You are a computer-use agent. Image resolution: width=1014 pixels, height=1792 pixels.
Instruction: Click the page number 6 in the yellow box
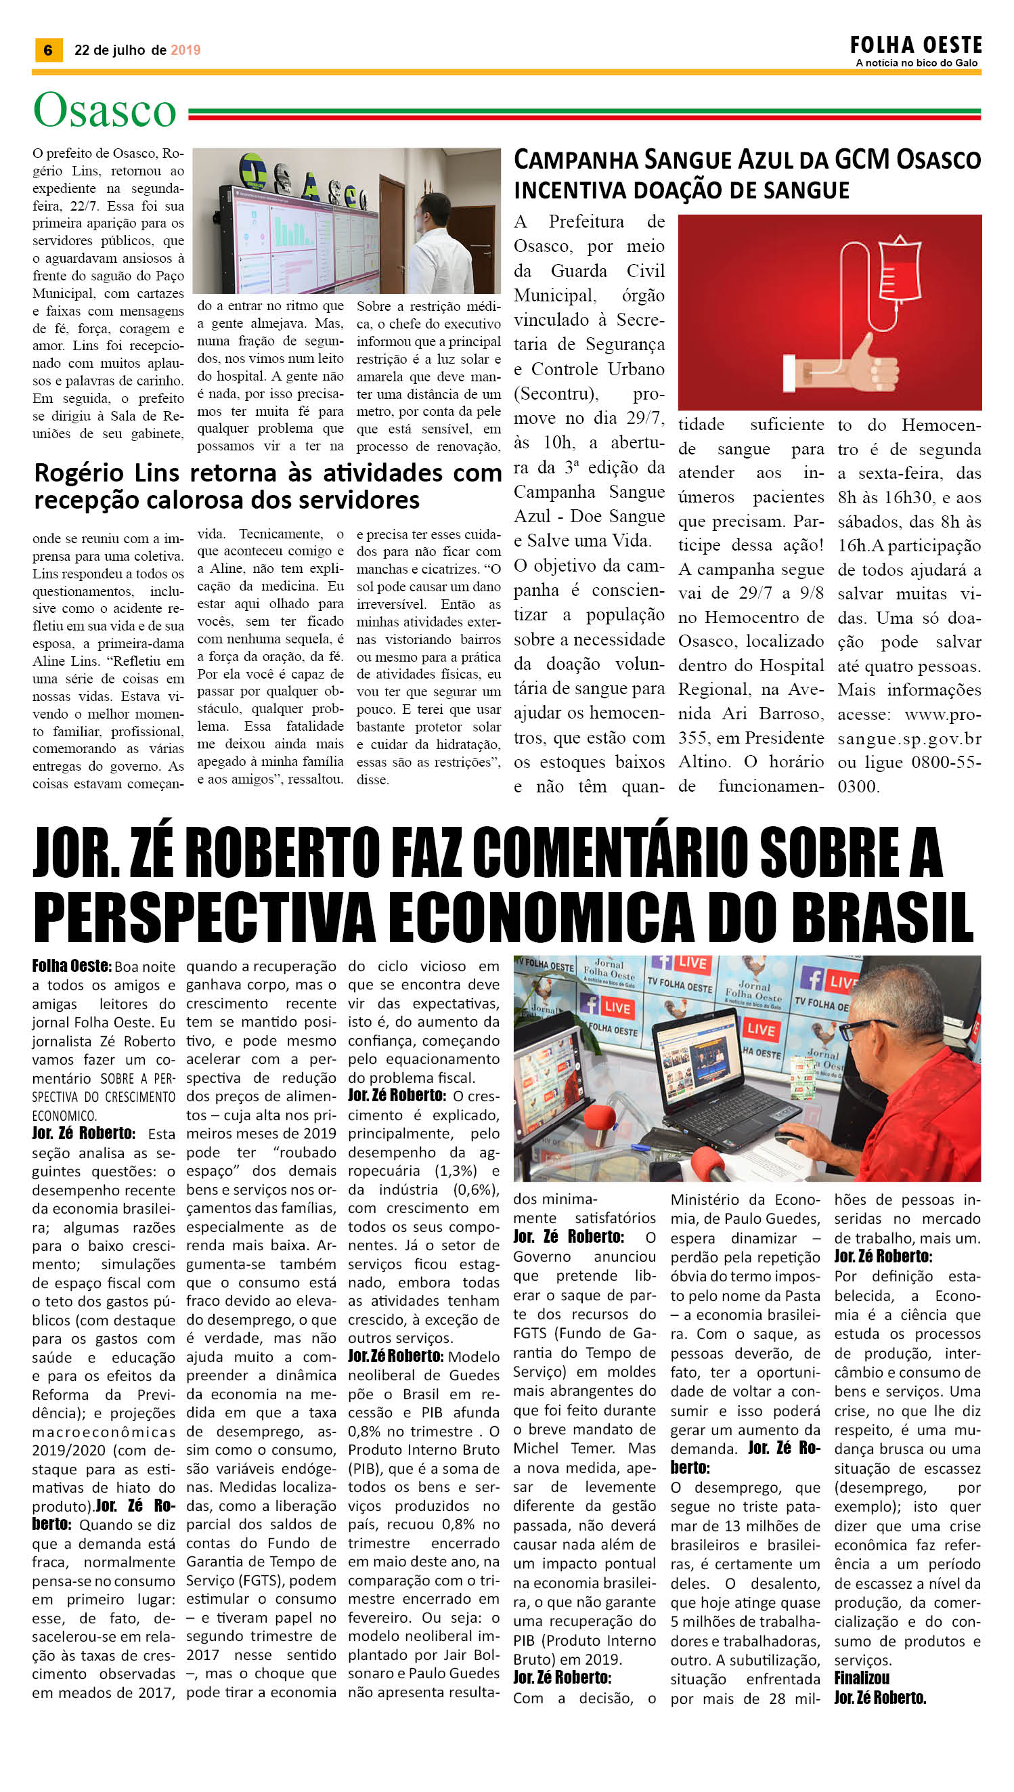(48, 50)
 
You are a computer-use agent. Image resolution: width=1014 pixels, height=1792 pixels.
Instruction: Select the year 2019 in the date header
(185, 50)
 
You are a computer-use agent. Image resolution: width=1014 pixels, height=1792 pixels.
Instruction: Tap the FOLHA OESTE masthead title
(915, 45)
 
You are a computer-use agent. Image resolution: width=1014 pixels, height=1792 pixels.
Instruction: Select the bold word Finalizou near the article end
(862, 1678)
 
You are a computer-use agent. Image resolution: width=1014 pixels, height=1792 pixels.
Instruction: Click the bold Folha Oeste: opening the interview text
(71, 966)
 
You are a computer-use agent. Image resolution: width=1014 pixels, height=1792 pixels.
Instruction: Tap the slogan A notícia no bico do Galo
(917, 64)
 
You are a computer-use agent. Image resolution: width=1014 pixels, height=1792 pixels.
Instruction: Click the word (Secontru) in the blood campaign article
(556, 393)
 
